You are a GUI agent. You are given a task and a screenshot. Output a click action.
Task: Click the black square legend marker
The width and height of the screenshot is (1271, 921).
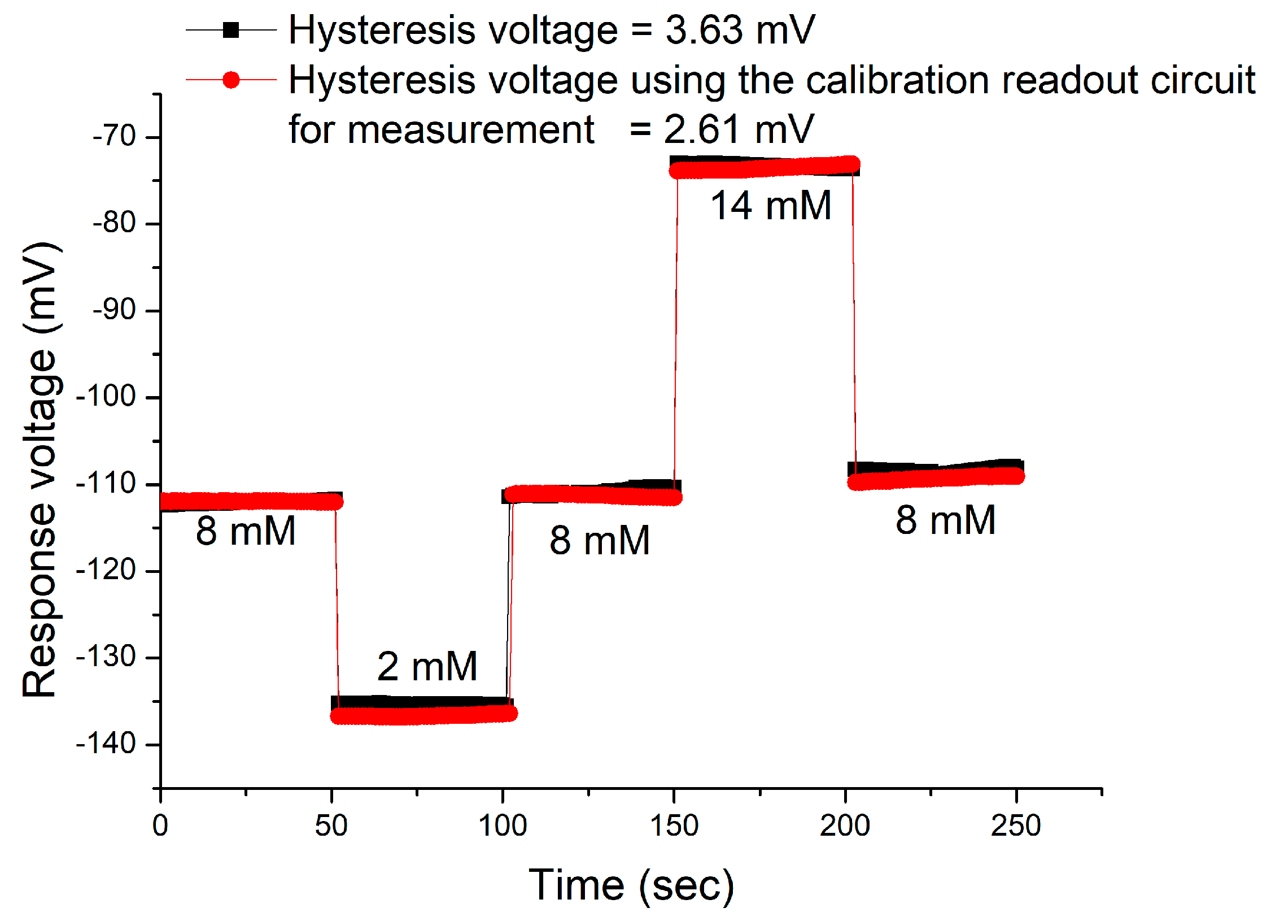tap(231, 29)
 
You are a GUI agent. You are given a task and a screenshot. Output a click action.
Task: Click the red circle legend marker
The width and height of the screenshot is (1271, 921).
tap(231, 80)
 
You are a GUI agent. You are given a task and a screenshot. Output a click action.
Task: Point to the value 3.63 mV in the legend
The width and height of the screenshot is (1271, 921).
tap(740, 29)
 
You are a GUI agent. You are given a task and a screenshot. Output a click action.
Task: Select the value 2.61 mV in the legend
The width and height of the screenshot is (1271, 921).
tap(739, 129)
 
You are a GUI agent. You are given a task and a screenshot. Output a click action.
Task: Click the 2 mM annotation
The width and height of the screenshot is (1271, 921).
tap(427, 666)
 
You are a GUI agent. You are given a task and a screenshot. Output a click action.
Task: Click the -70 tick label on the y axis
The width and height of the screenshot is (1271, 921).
tap(115, 136)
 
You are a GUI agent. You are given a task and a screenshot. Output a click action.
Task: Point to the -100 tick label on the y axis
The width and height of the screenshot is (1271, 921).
tap(107, 396)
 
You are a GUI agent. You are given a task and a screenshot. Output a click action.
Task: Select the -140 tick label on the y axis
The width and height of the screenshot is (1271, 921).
tap(107, 744)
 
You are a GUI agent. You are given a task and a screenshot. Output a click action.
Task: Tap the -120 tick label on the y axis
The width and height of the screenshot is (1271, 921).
tap(107, 570)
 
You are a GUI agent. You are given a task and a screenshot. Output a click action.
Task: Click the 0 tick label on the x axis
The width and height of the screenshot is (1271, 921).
tap(160, 826)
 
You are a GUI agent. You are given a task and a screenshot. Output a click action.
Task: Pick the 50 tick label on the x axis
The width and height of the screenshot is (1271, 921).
tap(331, 826)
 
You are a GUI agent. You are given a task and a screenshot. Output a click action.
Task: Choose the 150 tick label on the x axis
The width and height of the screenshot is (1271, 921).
tap(674, 826)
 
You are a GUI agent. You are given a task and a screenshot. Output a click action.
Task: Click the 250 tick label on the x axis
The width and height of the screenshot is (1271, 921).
tap(1016, 826)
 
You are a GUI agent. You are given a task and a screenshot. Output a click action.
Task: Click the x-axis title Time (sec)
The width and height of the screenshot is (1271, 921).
tap(631, 885)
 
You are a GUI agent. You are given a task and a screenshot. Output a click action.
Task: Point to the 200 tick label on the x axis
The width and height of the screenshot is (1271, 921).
tap(845, 826)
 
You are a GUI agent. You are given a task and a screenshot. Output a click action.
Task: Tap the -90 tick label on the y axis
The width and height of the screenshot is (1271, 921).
tap(115, 310)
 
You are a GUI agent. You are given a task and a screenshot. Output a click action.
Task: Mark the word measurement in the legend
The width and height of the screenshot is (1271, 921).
tap(470, 129)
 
